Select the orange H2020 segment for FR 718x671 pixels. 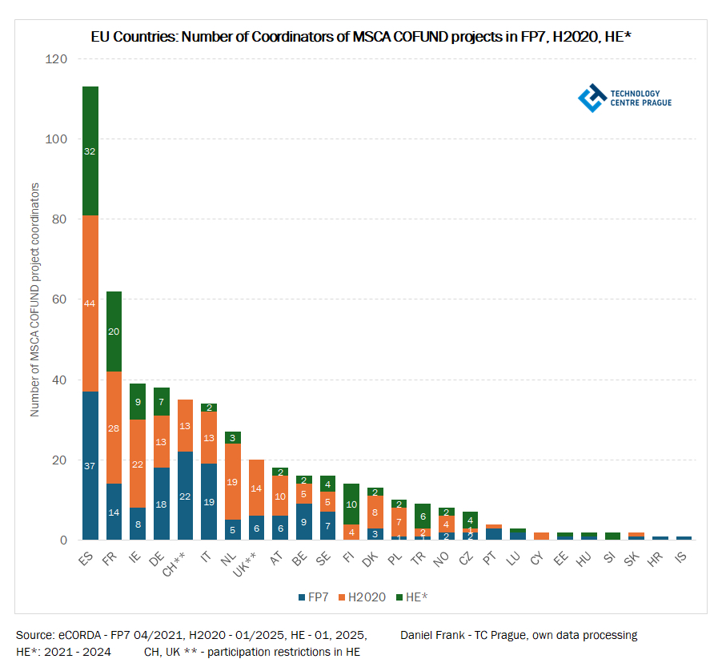(114, 428)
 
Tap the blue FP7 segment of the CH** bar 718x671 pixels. (185, 496)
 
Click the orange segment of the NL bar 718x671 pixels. (232, 482)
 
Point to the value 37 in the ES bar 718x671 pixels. (90, 465)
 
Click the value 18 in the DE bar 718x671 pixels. (161, 504)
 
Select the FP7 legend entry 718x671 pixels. (314, 597)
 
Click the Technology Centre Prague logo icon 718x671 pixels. (592, 98)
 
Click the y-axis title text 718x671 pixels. (35, 299)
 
